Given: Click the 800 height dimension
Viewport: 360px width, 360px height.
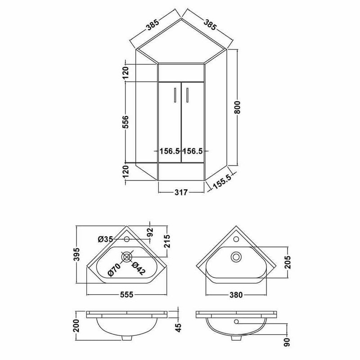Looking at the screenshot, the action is pos(238,107).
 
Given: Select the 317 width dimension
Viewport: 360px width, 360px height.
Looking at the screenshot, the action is pos(181,192).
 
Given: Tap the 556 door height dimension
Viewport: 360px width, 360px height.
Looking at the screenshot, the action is pos(126,121).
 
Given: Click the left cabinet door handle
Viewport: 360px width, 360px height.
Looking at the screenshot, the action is pos(175,94).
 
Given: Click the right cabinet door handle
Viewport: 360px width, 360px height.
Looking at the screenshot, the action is pos(187,94).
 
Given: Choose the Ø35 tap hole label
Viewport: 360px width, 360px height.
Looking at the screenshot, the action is pos(105,239).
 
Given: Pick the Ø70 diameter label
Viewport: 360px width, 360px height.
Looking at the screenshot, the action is pos(114,270).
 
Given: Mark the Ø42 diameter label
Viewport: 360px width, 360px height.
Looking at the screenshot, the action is pos(139,268).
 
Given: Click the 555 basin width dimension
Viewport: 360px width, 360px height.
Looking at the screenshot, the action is pos(126,294).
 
